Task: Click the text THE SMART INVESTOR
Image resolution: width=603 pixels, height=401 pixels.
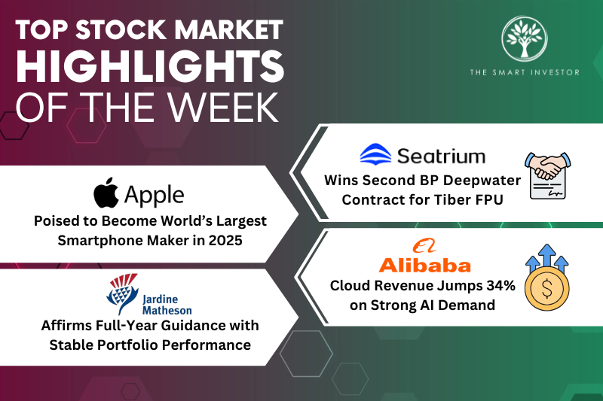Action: click(x=531, y=74)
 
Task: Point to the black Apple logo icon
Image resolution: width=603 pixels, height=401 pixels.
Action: click(x=106, y=194)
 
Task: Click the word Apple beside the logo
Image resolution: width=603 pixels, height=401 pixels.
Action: click(x=154, y=196)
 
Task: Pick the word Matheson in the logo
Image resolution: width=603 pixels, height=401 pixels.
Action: click(x=167, y=309)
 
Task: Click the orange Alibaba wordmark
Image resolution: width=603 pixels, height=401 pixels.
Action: click(x=424, y=264)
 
